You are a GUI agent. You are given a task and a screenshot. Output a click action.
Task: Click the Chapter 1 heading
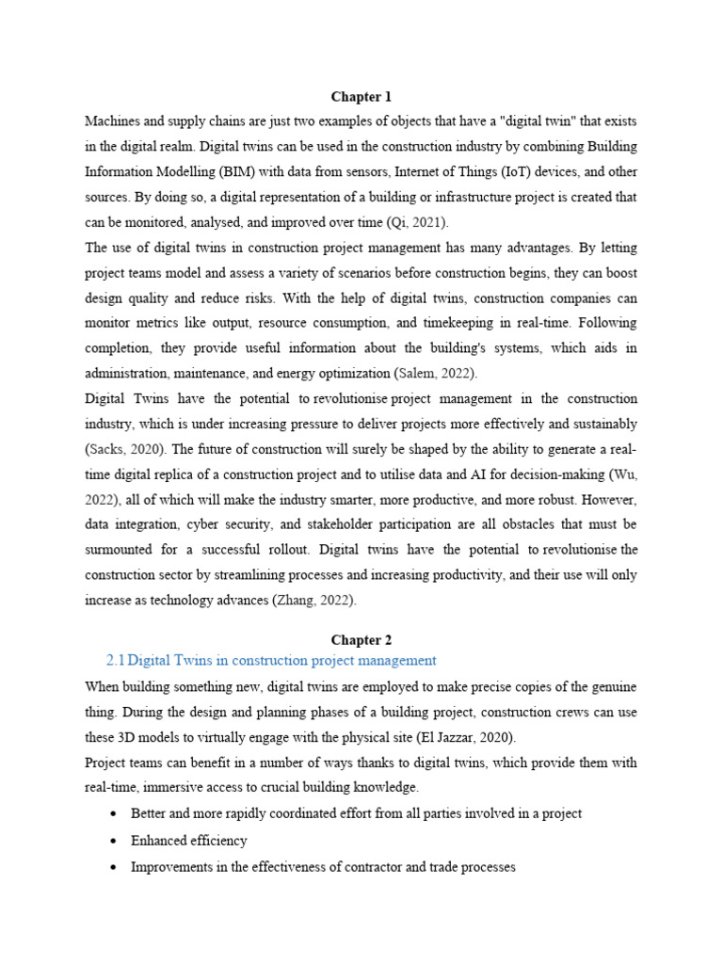[x=361, y=97]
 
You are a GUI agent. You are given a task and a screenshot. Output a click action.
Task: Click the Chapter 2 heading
[x=361, y=640]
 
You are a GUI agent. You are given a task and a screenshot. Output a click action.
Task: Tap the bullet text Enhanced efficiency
[x=189, y=840]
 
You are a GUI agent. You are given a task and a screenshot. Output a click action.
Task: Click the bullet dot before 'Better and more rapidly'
[x=114, y=813]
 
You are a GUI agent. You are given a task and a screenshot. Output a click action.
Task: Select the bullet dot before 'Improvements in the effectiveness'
[x=114, y=866]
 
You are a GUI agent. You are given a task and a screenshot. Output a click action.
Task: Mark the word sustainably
[x=602, y=424]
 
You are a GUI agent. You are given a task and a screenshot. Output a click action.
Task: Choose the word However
[x=611, y=498]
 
